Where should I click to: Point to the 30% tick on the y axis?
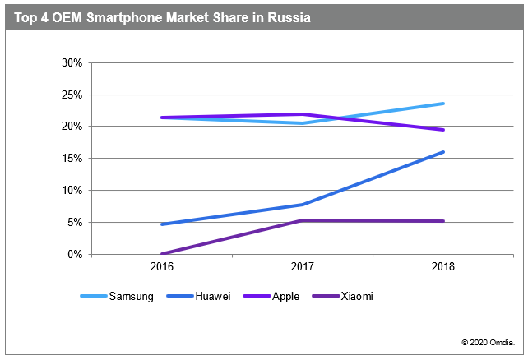point(72,62)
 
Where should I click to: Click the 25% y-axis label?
point(72,95)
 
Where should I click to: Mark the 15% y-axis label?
point(72,159)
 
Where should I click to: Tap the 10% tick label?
point(72,191)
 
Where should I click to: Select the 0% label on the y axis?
point(75,255)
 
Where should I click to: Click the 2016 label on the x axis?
point(162,267)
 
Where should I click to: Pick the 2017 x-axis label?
point(303,267)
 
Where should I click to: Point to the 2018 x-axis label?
point(444,267)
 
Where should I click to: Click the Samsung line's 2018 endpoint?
point(444,104)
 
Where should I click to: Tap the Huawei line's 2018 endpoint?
point(444,152)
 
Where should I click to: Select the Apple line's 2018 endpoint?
point(444,130)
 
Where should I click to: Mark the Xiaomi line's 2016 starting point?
point(162,254)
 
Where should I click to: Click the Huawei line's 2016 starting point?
point(162,224)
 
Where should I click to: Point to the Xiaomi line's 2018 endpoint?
point(444,221)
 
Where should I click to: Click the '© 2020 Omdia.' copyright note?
point(489,341)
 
